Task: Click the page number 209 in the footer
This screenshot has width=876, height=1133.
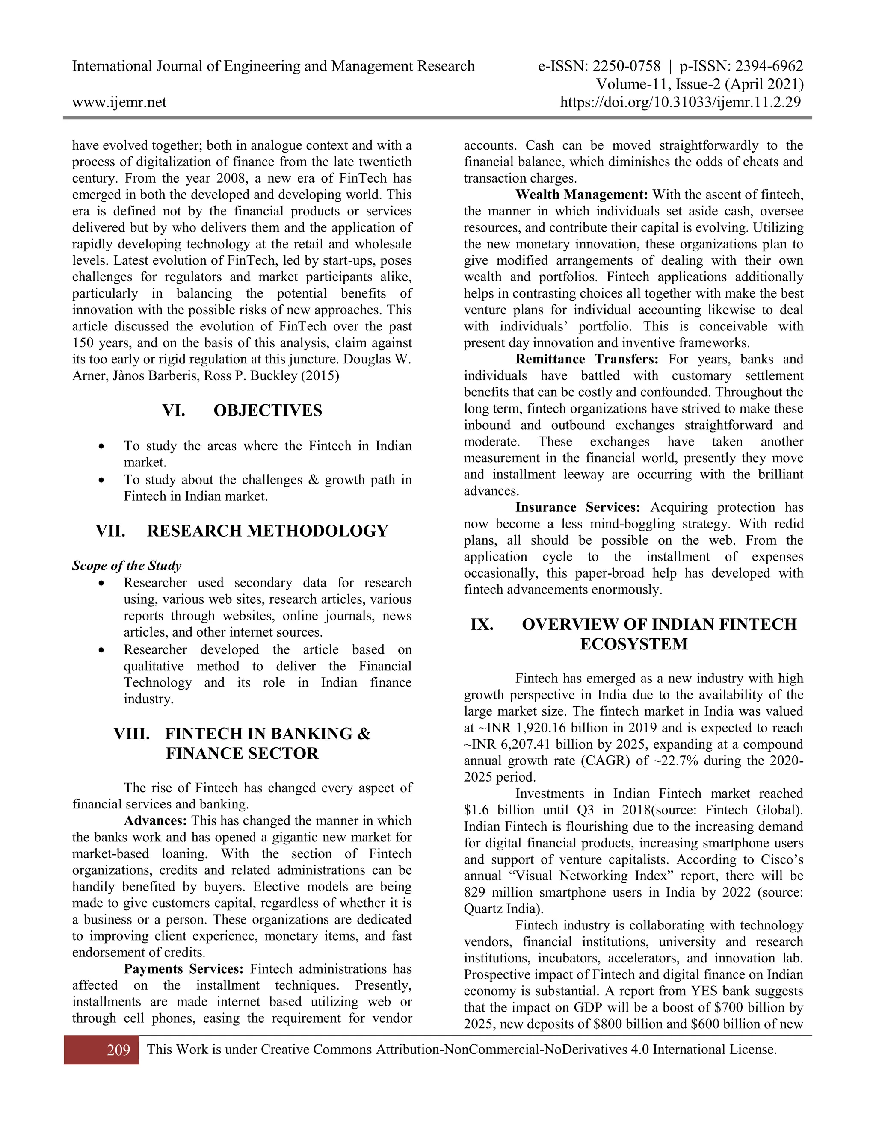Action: [x=118, y=1050]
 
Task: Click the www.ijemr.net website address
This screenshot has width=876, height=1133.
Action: [x=119, y=102]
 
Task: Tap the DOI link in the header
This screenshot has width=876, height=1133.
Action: [x=681, y=102]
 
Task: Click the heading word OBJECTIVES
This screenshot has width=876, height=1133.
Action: [x=268, y=410]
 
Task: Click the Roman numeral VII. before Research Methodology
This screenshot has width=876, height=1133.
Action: [x=110, y=531]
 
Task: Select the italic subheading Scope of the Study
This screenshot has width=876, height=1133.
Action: [x=127, y=566]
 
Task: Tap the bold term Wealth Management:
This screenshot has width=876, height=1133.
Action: [x=581, y=195]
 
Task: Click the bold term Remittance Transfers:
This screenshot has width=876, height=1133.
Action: [x=586, y=359]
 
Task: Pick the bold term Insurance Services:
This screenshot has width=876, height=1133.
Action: [x=577, y=507]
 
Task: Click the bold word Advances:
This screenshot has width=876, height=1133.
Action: [x=155, y=821]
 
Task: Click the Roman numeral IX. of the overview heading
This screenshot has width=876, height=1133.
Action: [x=482, y=624]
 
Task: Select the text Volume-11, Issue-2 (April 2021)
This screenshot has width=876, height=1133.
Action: [x=699, y=84]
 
